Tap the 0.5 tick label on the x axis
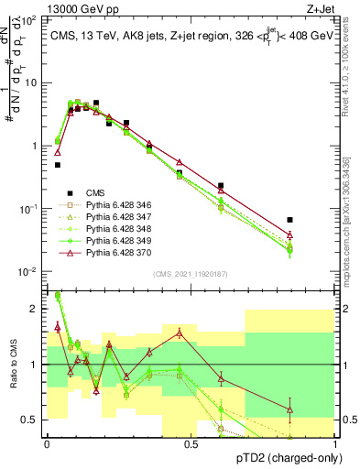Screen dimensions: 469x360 point(191,442)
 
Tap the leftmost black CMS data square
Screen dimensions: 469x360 point(58,165)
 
